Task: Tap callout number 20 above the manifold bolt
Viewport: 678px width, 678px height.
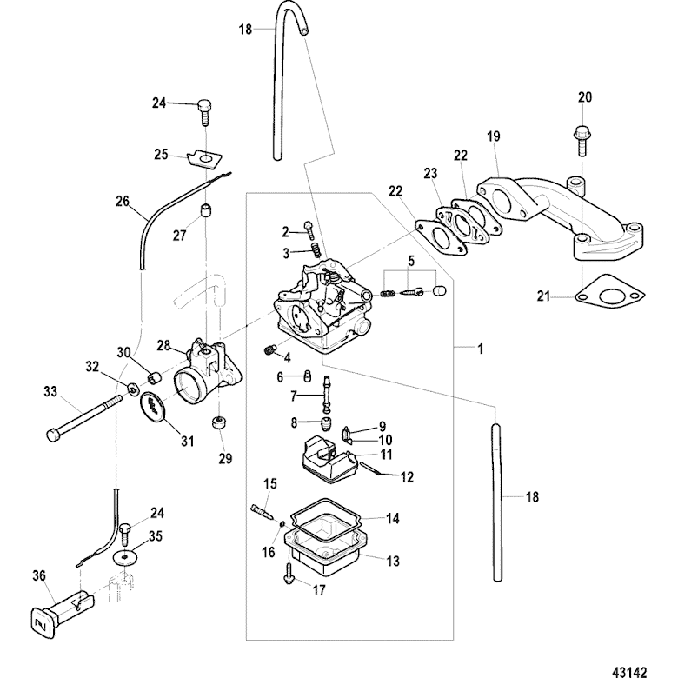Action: click(x=584, y=97)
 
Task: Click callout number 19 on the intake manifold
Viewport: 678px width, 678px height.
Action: click(x=495, y=137)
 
